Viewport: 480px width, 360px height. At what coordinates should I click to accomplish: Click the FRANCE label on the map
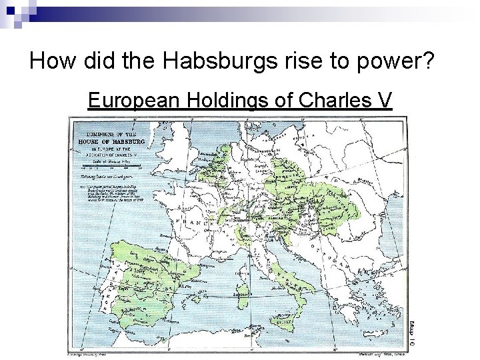193,220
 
